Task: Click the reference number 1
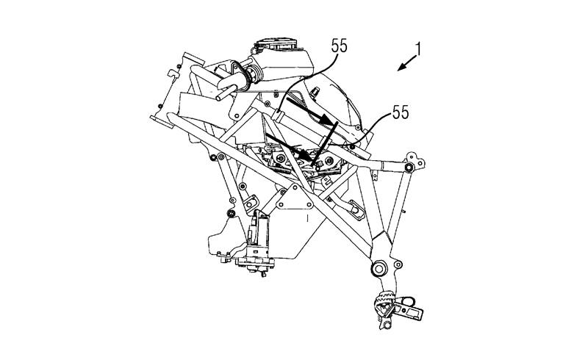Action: pos(417,49)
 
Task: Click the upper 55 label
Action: pos(340,46)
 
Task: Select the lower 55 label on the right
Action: pos(401,112)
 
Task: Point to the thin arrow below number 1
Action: pos(407,62)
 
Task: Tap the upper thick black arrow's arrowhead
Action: pos(326,120)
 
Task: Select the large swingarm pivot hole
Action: pos(378,267)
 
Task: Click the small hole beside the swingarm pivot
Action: pos(398,264)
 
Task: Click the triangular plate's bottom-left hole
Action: pos(280,204)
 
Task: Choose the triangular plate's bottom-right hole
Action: pos(309,204)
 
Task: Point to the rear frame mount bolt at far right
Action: pos(409,167)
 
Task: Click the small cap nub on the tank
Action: pos(315,91)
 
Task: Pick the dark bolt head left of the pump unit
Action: pos(232,214)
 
